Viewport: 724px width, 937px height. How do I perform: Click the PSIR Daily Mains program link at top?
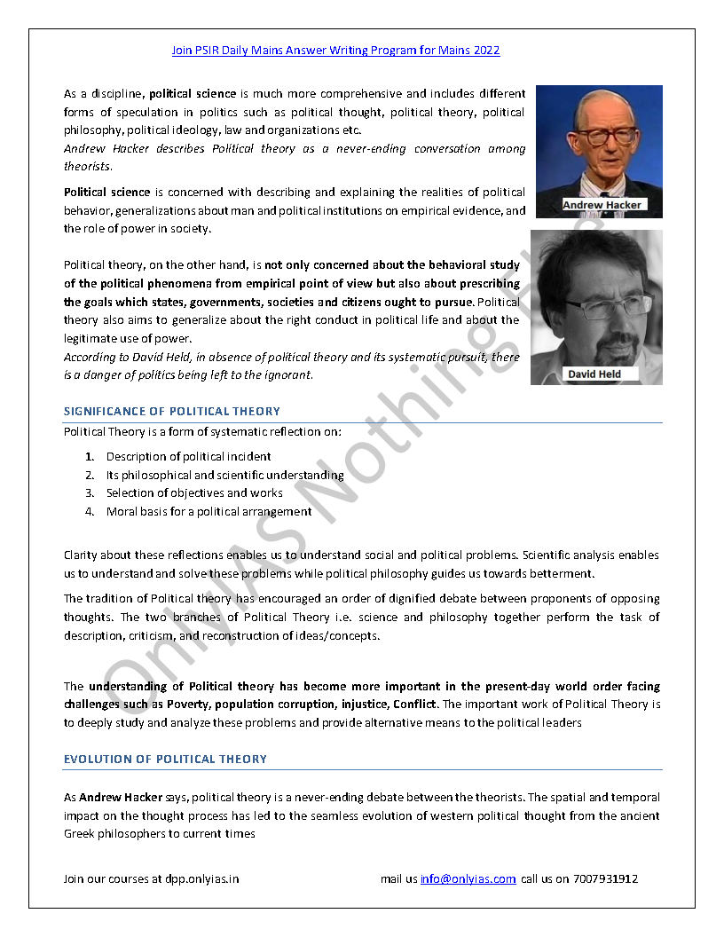(335, 51)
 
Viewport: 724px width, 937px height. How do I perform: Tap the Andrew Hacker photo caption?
(601, 205)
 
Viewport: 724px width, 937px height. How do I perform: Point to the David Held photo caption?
(594, 374)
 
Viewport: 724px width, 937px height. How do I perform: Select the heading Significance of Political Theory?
(172, 412)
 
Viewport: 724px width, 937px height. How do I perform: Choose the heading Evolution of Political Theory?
(165, 760)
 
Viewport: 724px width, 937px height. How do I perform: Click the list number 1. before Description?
(90, 457)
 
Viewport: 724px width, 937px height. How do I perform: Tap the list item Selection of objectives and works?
(194, 493)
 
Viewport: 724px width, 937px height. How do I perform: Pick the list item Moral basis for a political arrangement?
(209, 512)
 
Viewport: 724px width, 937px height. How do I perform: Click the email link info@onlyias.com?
(468, 879)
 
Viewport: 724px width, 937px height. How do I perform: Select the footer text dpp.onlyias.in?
(201, 879)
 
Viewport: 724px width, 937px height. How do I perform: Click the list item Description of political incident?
(188, 457)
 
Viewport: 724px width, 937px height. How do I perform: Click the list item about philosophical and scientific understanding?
(224, 476)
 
